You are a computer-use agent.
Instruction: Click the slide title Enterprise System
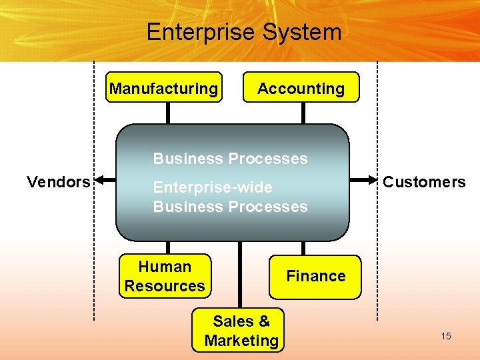click(x=243, y=32)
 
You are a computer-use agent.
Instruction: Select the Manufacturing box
click(x=164, y=87)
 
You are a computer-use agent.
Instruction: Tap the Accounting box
click(x=301, y=87)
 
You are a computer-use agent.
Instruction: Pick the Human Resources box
click(x=165, y=276)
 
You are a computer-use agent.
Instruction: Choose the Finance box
click(x=315, y=276)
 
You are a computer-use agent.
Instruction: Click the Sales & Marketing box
click(x=241, y=331)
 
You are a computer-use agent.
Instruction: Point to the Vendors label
click(x=58, y=181)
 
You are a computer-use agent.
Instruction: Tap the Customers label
click(x=424, y=181)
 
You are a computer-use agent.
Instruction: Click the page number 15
click(x=445, y=336)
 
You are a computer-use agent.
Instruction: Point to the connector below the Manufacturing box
click(x=169, y=113)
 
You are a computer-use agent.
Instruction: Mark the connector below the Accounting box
click(x=303, y=113)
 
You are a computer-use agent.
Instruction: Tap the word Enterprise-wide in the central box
click(x=212, y=188)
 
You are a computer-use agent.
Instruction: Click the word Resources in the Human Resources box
click(x=165, y=286)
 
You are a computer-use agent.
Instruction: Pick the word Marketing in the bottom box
click(x=241, y=341)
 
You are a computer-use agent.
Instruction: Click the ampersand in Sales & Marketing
click(x=264, y=321)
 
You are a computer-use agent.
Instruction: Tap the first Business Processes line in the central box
click(x=230, y=159)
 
